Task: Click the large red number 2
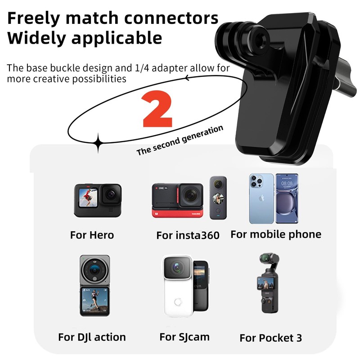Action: [157, 111]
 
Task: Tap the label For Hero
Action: [92, 235]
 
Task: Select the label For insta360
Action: [188, 235]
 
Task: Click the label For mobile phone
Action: [276, 234]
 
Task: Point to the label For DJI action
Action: [92, 337]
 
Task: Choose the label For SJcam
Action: [184, 337]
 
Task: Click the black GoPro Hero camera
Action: [98, 201]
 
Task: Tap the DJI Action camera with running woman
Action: [94, 285]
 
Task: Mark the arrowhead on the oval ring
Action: [186, 78]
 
